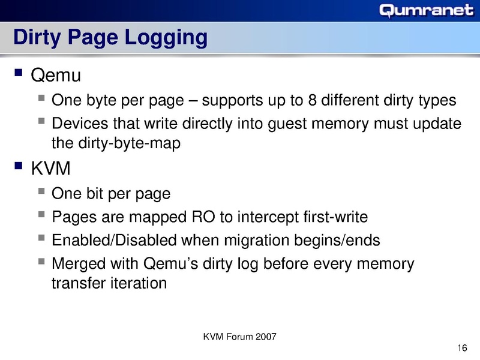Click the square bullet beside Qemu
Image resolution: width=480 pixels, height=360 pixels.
(x=18, y=75)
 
